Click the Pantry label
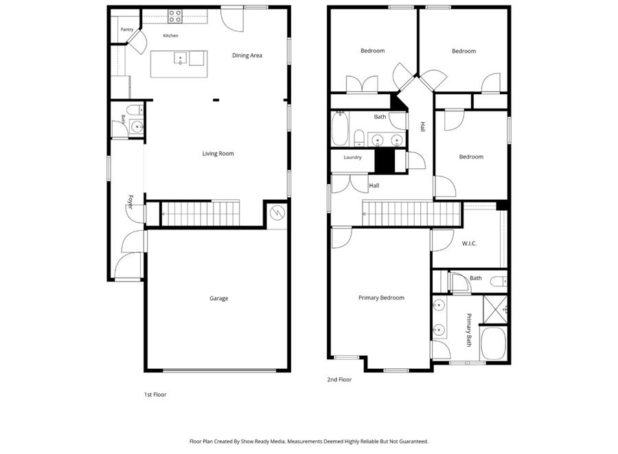coord(127,30)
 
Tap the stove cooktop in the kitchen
coord(175,16)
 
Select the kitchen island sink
coord(181,58)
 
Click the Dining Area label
coord(247,56)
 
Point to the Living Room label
coord(218,154)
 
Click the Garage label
coord(219,299)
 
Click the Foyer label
coord(130,202)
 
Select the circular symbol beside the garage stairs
coord(277,213)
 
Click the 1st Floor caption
coord(155,394)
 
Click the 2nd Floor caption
coord(339,380)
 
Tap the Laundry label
coord(352,157)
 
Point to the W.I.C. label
coord(469,244)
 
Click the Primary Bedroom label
coord(381,298)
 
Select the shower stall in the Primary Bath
coord(495,309)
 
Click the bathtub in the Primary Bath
coord(494,343)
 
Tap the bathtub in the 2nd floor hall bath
coord(340,128)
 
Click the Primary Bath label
coord(469,330)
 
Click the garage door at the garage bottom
coord(220,370)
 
